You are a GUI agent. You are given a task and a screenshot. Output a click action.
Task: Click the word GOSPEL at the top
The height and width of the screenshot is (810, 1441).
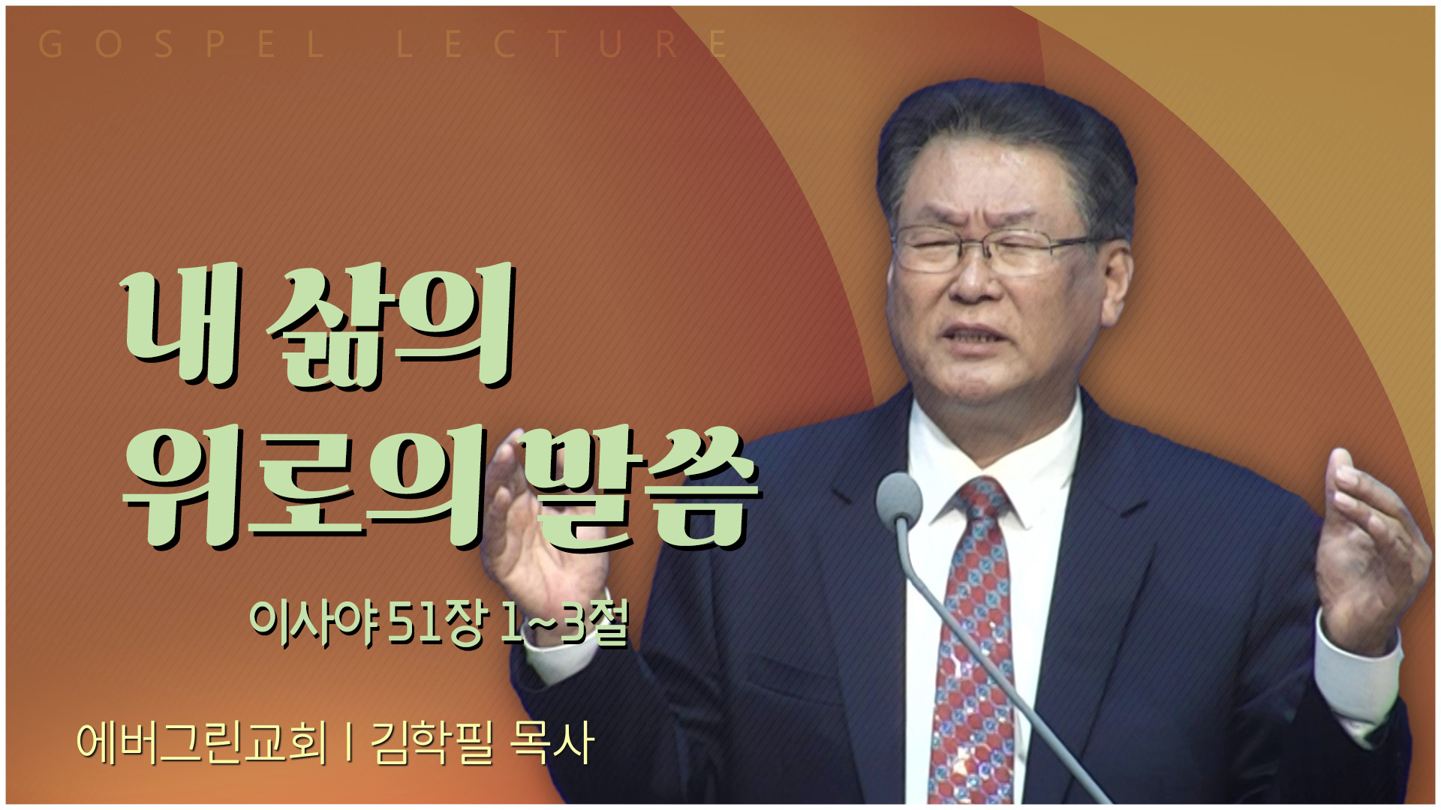(x=181, y=44)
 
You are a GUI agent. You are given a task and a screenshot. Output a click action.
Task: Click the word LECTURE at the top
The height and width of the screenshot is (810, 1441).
(x=562, y=44)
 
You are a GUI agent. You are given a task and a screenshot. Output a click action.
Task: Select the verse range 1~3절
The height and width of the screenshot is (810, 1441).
(x=563, y=622)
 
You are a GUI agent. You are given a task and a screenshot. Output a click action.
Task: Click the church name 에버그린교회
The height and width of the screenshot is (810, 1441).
(x=203, y=742)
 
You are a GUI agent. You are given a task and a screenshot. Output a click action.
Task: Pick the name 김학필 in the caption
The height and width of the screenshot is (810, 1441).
(x=432, y=742)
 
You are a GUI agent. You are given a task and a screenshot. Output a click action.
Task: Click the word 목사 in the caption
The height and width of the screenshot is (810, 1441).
(x=552, y=742)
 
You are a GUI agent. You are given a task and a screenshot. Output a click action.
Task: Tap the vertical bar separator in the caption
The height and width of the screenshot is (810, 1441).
(x=350, y=742)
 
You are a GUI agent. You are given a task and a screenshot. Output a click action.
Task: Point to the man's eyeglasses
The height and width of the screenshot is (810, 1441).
(x=994, y=247)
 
